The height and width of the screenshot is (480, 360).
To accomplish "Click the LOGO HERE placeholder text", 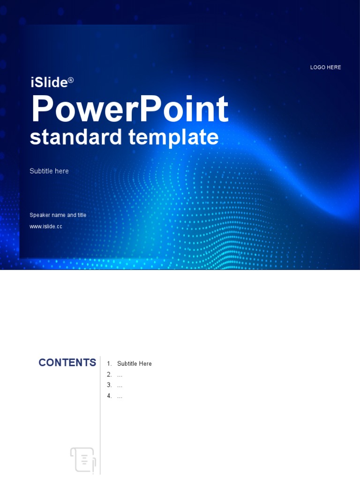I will click(x=325, y=67).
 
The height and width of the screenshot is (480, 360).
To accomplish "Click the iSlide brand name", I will click(x=49, y=82).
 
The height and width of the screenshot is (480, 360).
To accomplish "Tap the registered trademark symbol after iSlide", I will click(x=71, y=80).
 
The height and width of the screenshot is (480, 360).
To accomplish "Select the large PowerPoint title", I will click(x=129, y=110).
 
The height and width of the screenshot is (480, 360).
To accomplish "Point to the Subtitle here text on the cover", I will click(x=49, y=171).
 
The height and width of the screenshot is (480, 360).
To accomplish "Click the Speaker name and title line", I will click(x=58, y=215).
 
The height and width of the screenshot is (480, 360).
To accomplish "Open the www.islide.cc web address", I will click(x=46, y=226).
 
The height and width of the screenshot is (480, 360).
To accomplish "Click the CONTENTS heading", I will click(x=67, y=363).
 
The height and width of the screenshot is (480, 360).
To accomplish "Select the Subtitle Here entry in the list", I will click(x=135, y=364).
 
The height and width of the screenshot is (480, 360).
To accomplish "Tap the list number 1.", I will click(x=109, y=364).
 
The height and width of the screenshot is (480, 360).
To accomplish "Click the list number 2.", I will click(x=109, y=375).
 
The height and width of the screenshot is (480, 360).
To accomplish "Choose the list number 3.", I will click(x=109, y=385).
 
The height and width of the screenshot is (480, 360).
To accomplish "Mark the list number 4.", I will click(x=109, y=396).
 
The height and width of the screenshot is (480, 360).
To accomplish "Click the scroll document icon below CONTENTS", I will click(x=83, y=459).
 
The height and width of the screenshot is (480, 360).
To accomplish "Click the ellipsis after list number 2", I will click(x=120, y=375).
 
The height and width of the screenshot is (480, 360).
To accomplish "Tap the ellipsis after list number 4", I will click(x=120, y=397).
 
